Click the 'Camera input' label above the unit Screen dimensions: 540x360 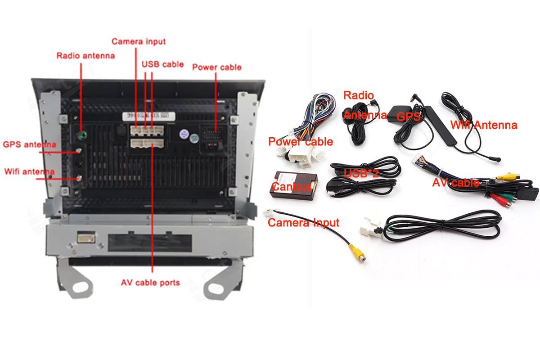(139, 41)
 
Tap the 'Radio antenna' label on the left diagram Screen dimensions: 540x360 (85, 56)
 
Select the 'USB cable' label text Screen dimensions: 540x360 (163, 64)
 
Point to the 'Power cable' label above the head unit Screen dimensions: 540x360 (217, 67)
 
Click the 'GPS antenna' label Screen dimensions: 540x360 (29, 144)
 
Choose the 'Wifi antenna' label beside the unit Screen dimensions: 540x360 (29, 171)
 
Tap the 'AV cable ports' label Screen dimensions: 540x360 (150, 282)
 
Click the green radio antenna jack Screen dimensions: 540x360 (82, 135)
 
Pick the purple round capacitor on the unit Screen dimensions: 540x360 (184, 134)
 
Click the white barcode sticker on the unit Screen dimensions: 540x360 (149, 116)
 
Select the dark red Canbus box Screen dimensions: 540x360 (293, 186)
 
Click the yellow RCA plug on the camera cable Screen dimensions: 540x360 (358, 253)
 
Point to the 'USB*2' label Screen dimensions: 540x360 (361, 173)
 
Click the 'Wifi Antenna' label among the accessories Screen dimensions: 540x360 (484, 125)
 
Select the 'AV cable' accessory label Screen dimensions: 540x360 (456, 183)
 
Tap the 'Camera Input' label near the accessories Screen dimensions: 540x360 (303, 223)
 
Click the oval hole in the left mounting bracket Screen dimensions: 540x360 (80, 287)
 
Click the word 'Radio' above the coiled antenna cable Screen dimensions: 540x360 (359, 95)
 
